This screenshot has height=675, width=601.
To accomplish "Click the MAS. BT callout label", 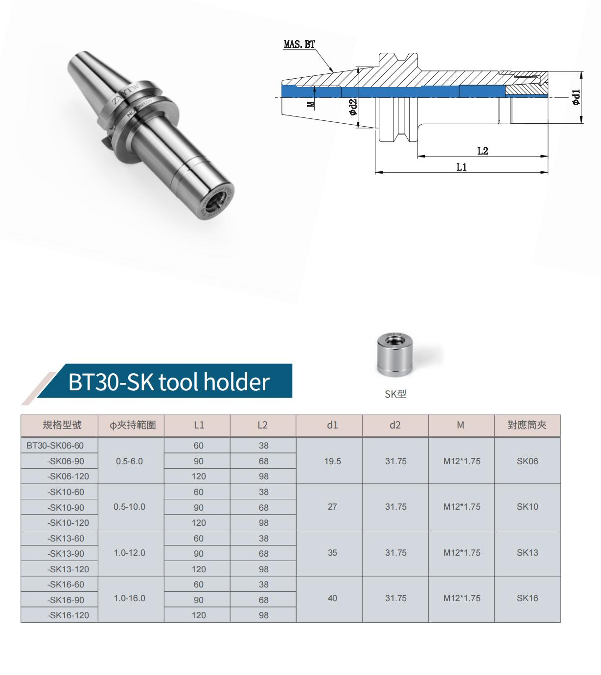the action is click(299, 45).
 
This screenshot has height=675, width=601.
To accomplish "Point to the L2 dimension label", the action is click(483, 151).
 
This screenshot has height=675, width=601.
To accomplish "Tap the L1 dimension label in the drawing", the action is click(462, 167).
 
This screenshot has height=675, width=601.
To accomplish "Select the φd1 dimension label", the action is click(576, 98).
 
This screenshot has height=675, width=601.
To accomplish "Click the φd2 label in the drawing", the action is click(353, 107).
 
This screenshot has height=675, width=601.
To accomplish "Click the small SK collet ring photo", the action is click(395, 354).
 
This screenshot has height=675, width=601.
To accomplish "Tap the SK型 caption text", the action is click(395, 394).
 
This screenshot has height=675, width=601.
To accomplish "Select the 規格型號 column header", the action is click(62, 425).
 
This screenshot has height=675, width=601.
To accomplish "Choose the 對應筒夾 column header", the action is click(527, 425).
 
